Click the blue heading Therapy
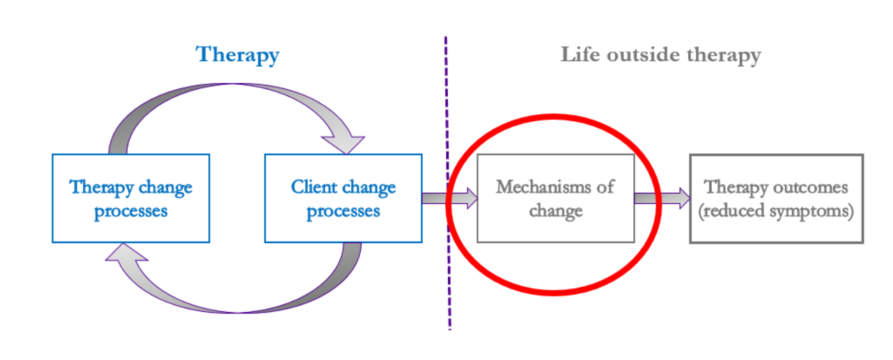[x=238, y=56]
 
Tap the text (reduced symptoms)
[x=776, y=211]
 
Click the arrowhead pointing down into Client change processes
[x=343, y=145]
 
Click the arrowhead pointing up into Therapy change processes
[x=126, y=252]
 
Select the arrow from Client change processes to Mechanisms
[x=450, y=198]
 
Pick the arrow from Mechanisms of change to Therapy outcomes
[x=662, y=198]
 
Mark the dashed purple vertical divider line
[x=448, y=183]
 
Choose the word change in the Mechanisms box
[x=556, y=211]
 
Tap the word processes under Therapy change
[x=131, y=211]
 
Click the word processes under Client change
[x=343, y=211]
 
